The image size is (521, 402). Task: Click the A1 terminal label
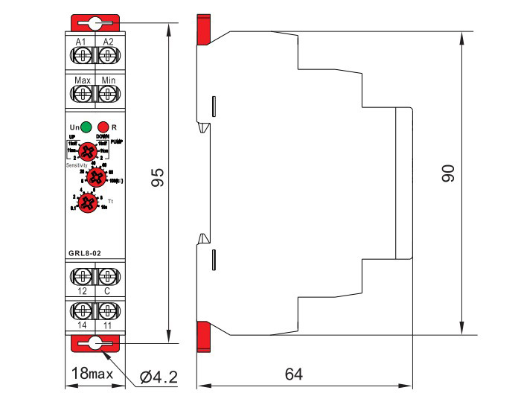82,41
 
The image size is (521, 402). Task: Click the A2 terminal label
108,41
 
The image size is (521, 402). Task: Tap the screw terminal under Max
82,94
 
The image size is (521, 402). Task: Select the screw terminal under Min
108,94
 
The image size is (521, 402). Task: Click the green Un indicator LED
87,127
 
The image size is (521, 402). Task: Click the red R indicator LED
104,127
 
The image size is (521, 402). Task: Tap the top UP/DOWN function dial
88,151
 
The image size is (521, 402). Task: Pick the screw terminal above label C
108,276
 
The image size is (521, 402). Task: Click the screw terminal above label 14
82,310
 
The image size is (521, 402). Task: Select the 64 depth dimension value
293,374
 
